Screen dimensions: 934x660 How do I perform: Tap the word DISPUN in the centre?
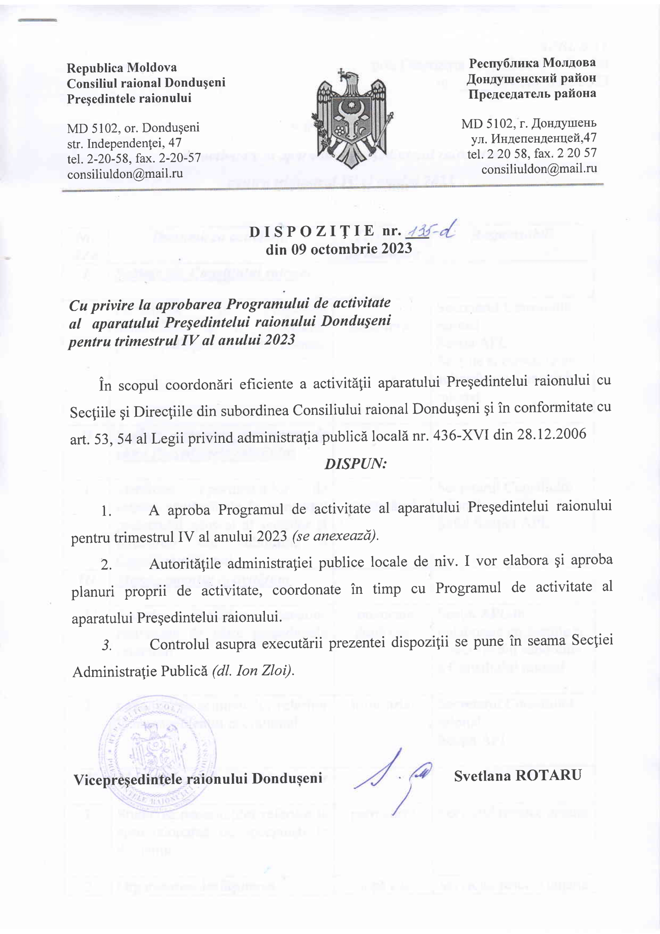tap(355, 464)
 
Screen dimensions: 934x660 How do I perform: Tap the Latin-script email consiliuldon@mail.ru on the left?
tap(125, 174)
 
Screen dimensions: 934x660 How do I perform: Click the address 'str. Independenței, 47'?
tap(124, 143)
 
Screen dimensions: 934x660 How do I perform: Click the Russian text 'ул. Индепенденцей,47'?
tap(533, 138)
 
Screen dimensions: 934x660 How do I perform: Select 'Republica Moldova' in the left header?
tap(122, 67)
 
